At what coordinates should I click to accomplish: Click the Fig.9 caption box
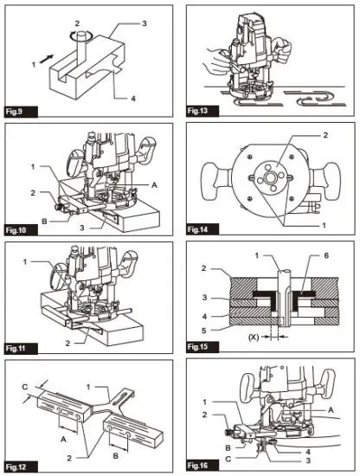[x=21, y=112]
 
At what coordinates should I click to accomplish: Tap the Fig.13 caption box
[x=202, y=111]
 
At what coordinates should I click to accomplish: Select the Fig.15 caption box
[x=202, y=347]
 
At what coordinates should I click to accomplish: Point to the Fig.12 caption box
[x=21, y=466]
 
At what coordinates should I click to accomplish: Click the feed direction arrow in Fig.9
[x=46, y=59]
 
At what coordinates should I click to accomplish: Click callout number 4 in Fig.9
[x=133, y=99]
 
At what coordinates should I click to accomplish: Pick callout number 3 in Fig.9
[x=145, y=23]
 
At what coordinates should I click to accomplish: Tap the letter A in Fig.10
[x=155, y=184]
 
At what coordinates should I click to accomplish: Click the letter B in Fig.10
[x=44, y=222]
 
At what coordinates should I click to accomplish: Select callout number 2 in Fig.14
[x=325, y=135]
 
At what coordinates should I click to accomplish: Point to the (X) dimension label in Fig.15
[x=254, y=338]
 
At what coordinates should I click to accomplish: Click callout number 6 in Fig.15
[x=326, y=255]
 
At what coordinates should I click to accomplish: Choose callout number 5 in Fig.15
[x=204, y=331]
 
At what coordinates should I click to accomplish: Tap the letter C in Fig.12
[x=25, y=387]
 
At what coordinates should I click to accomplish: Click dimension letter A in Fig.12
[x=63, y=439]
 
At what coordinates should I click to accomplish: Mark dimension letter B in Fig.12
[x=115, y=455]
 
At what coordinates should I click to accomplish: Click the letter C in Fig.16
[x=228, y=459]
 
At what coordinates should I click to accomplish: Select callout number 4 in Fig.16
[x=308, y=452]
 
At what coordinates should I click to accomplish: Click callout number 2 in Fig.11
[x=67, y=343]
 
